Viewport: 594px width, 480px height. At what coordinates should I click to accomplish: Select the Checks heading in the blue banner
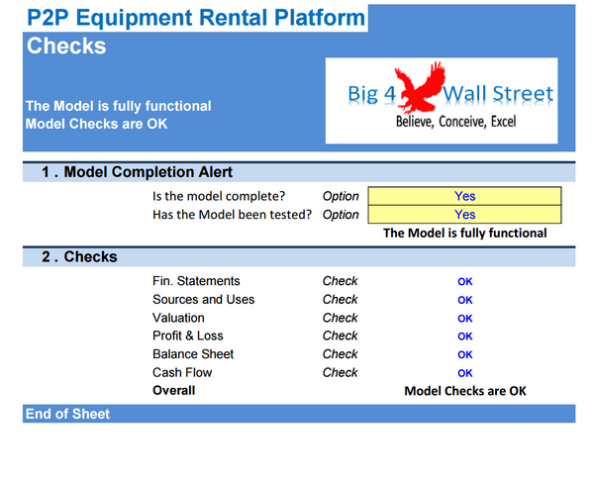(x=66, y=46)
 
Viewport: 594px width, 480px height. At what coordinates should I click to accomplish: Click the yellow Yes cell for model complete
(x=464, y=196)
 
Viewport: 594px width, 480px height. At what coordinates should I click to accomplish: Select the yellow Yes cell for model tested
(x=464, y=214)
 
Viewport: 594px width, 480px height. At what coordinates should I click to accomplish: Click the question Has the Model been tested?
(x=233, y=214)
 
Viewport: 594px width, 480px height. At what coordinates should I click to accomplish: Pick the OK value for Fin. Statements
(x=464, y=282)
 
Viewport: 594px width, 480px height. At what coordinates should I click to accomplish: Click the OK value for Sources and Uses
(x=464, y=300)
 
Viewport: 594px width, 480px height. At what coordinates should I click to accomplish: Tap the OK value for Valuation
(x=464, y=319)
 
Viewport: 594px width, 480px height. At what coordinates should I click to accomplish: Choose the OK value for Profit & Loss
(x=464, y=336)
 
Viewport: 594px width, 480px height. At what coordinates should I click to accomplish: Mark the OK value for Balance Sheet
(x=464, y=354)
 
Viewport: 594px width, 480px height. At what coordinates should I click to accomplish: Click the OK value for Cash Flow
(x=464, y=373)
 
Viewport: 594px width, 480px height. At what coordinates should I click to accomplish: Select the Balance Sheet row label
(x=193, y=354)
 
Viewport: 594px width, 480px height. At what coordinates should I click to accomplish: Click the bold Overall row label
(x=173, y=390)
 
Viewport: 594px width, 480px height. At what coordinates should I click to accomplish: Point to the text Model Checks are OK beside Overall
(x=464, y=391)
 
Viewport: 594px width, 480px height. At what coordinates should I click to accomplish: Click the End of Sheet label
(x=67, y=414)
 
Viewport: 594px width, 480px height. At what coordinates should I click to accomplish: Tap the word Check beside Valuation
(x=340, y=318)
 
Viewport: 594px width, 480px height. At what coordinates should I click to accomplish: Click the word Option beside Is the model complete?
(x=341, y=196)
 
